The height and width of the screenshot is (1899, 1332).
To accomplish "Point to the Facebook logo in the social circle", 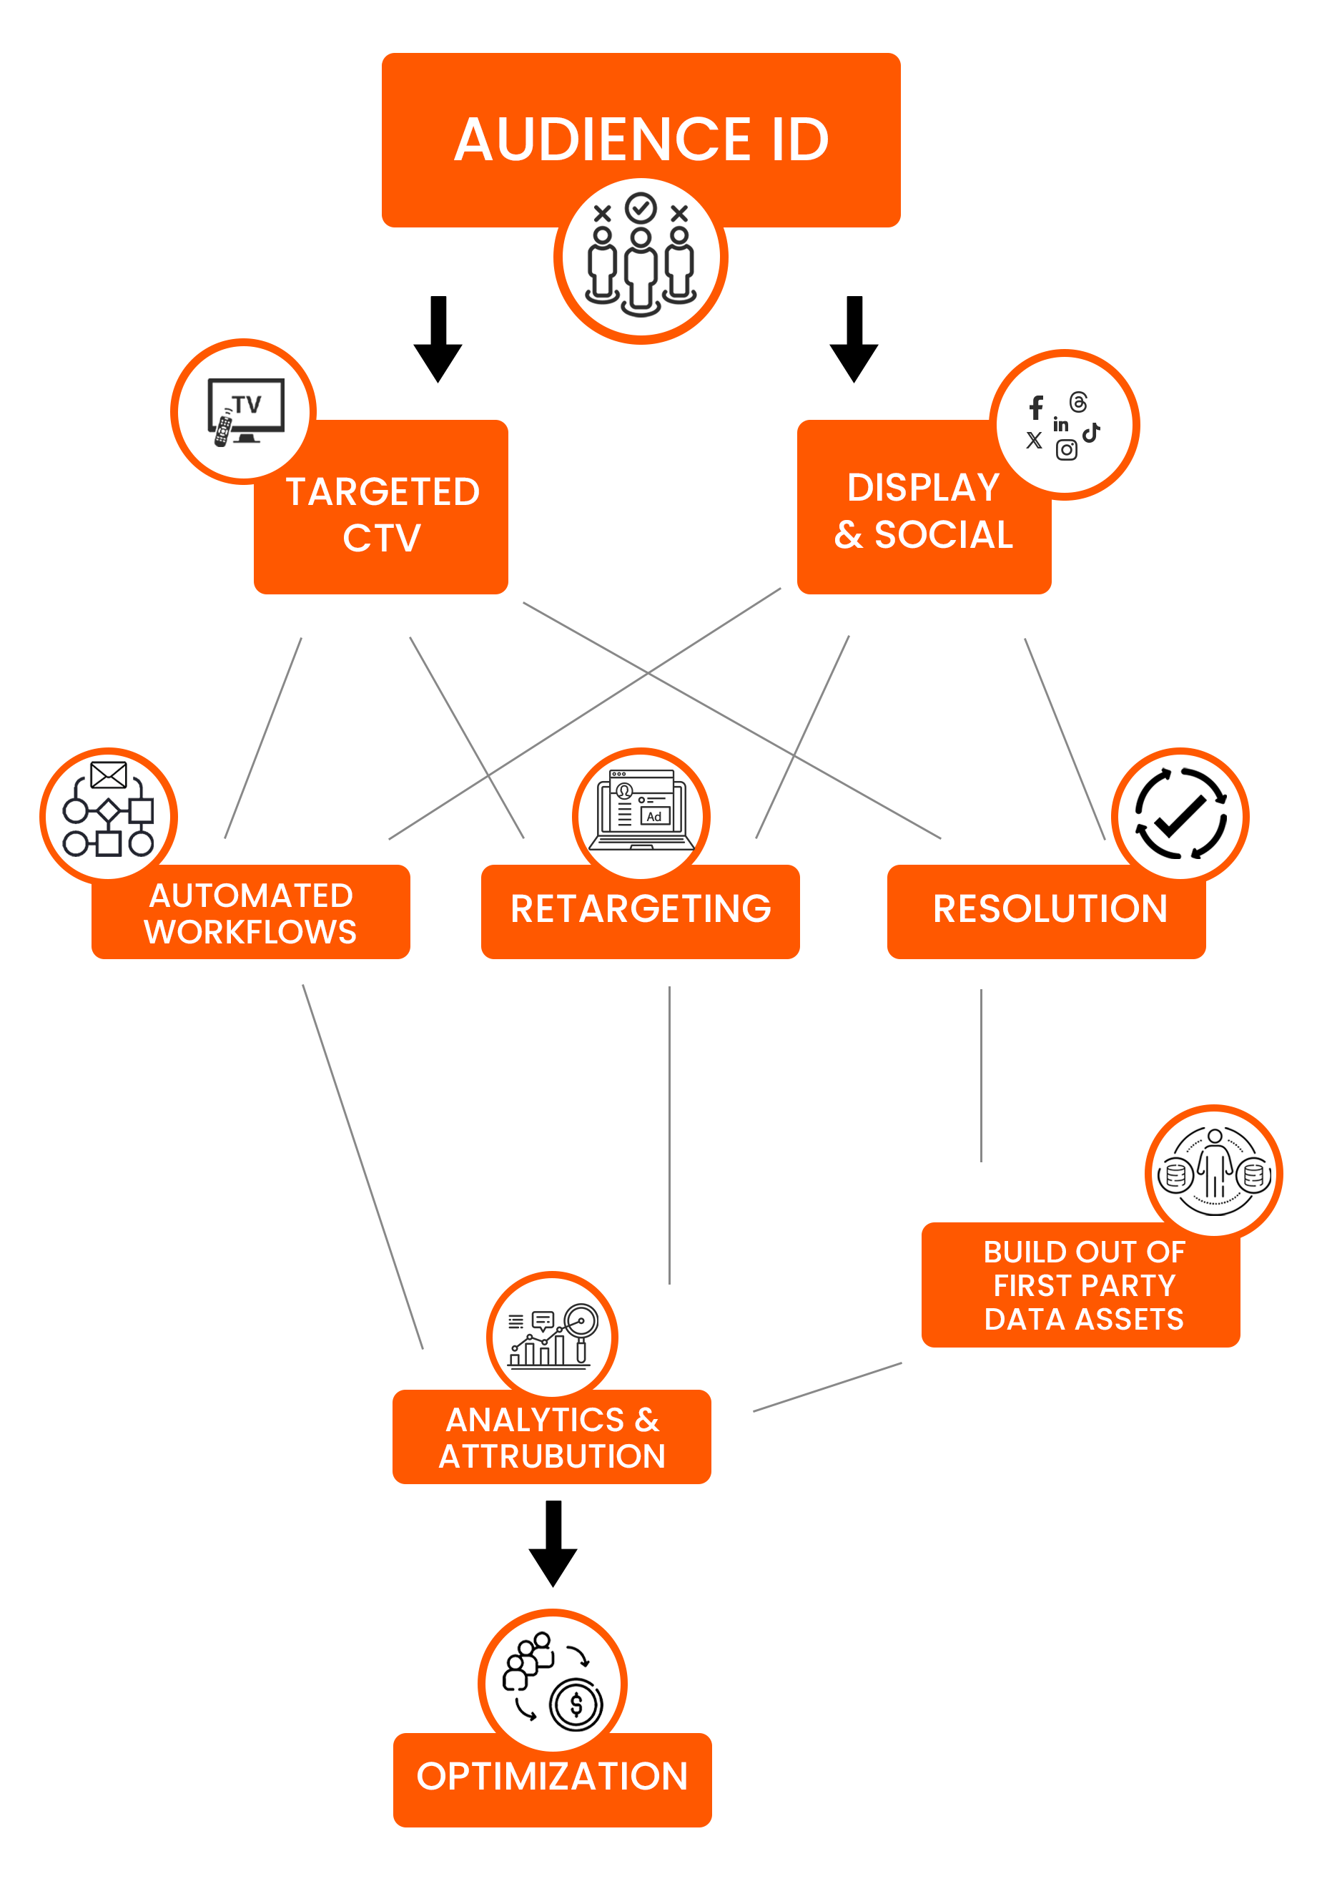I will pos(1036,407).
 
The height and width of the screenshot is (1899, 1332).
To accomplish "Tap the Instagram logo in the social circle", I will pos(1066,450).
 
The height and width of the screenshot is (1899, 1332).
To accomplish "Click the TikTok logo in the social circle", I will pos(1091,432).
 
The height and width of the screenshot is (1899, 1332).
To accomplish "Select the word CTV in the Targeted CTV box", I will pos(382,539).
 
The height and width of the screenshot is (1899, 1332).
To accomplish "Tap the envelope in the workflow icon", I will pos(108,775).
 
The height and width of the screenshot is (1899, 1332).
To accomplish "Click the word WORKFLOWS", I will pos(250,932).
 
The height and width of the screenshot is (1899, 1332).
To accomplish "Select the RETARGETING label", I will pos(641,909).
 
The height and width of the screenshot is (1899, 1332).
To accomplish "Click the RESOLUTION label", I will pos(1050,909).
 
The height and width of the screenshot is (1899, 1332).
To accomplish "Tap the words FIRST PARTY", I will pos(1084,1285).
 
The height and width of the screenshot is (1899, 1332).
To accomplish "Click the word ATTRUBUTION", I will pos(552,1456).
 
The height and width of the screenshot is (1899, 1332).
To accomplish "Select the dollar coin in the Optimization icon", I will pos(576,1704).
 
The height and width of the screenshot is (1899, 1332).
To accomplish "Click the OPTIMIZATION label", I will pos(552,1777).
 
